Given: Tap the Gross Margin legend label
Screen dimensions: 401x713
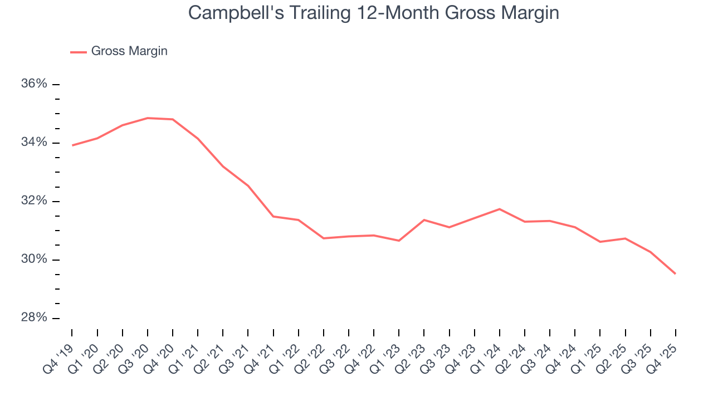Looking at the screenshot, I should click(129, 51).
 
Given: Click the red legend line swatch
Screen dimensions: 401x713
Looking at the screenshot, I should click(78, 52).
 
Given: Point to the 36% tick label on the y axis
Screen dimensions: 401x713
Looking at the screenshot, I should click(35, 84).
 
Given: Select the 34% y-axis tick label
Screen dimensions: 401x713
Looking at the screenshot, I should click(35, 143).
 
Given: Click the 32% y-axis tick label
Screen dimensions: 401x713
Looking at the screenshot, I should click(35, 201).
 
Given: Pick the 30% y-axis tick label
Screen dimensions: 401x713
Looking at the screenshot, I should click(35, 260).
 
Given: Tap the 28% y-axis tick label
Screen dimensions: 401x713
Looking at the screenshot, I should click(35, 318).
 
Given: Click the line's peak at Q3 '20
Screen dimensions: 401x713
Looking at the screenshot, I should click(148, 118).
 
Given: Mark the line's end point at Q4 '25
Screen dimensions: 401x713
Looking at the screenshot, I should click(676, 273).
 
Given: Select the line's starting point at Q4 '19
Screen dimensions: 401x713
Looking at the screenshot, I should click(72, 145).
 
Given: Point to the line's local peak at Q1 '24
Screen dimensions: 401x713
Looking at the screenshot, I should click(500, 209).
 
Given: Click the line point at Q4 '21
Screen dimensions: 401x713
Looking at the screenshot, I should click(274, 216).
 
